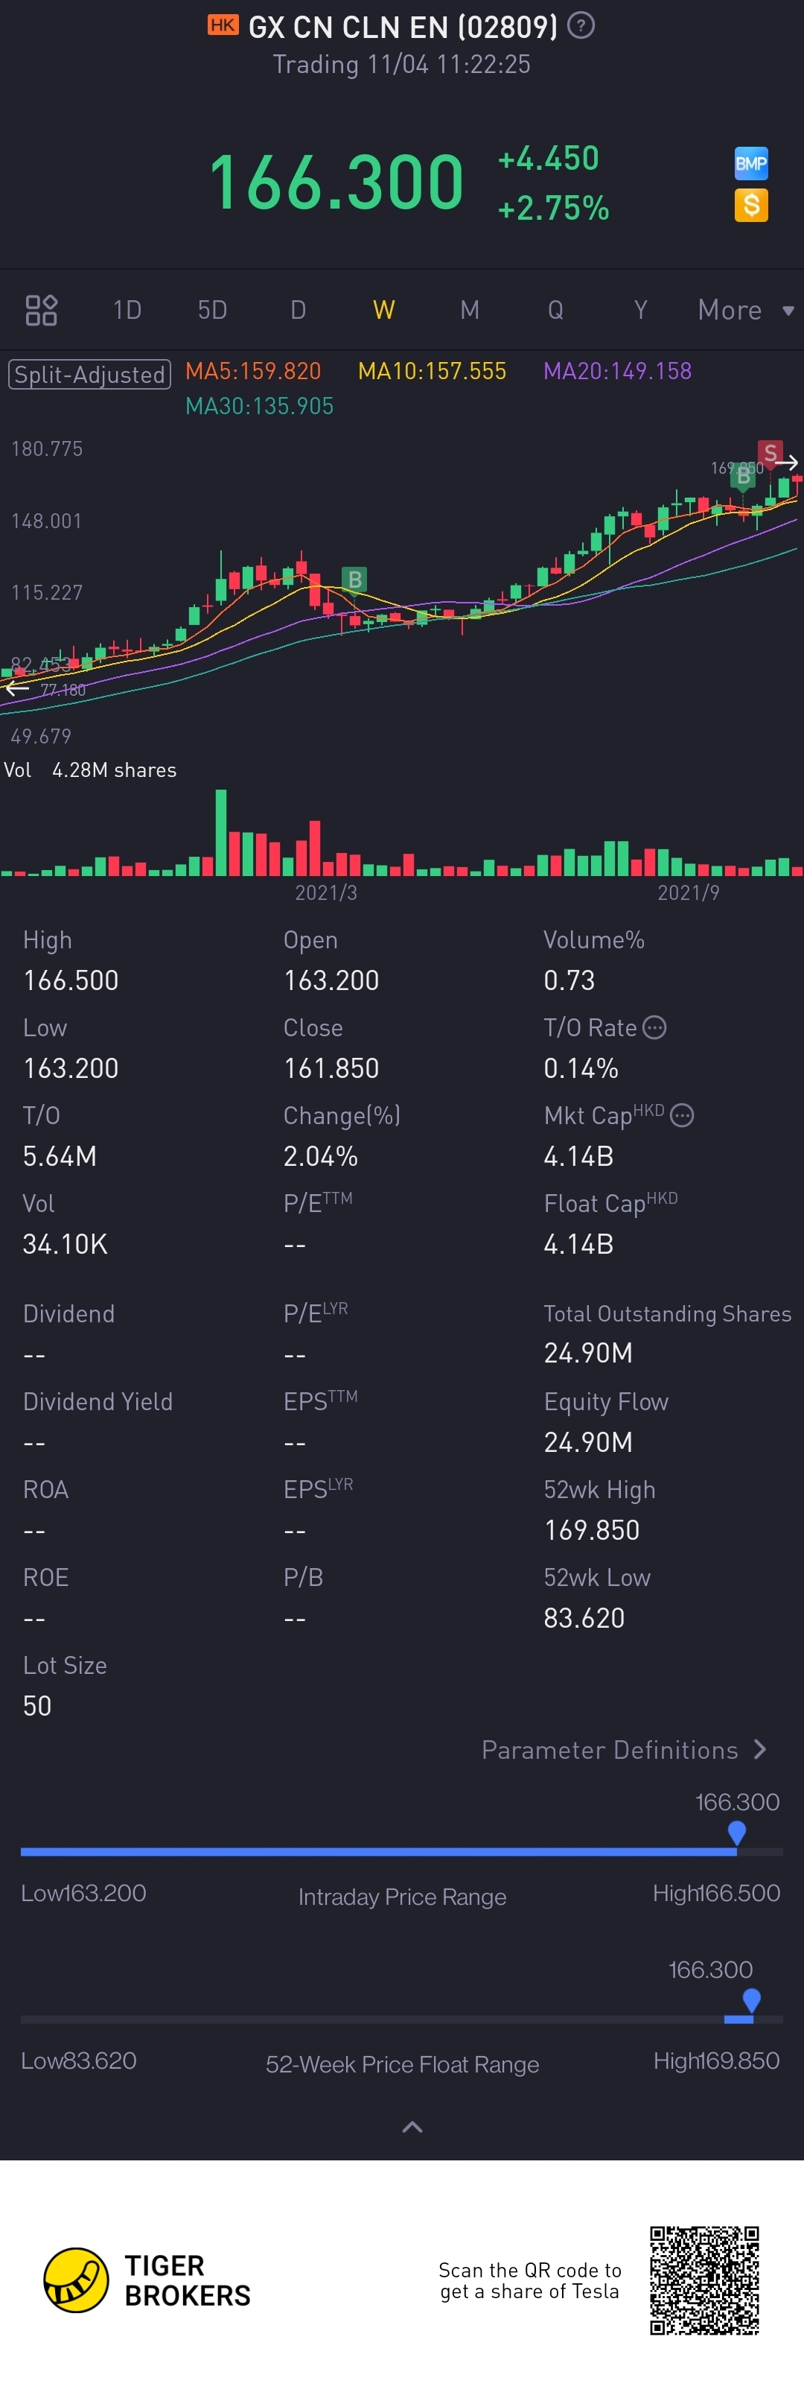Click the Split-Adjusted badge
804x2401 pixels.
89,374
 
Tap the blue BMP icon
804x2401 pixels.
751,164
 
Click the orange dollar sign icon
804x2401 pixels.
751,205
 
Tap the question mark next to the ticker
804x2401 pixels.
581,26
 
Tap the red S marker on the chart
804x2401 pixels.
770,453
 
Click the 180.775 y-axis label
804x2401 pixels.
47,449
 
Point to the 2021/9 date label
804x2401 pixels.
689,893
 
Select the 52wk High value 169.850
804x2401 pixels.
592,1530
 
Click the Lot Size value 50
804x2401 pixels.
37,1706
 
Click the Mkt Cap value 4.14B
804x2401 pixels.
578,1157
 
